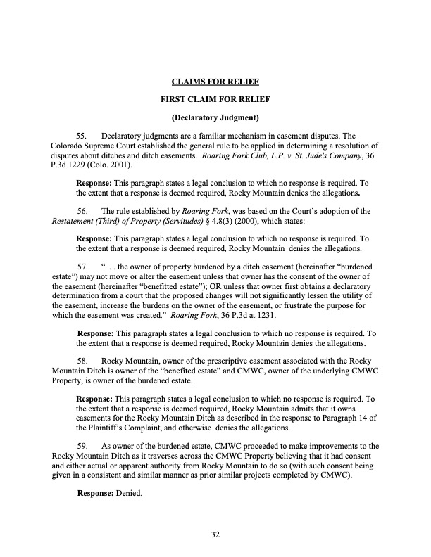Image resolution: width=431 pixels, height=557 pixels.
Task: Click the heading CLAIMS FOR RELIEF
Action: click(216, 81)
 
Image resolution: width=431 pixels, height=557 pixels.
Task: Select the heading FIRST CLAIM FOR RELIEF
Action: click(216, 98)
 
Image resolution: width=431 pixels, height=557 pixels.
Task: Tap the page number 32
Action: click(216, 535)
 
